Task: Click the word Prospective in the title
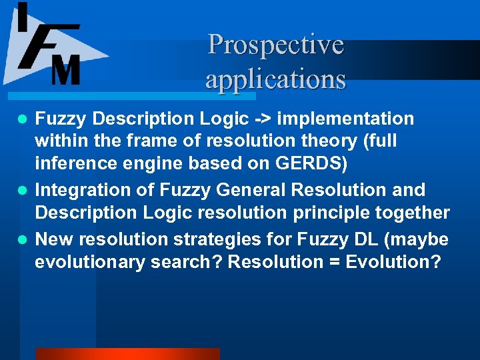(275, 45)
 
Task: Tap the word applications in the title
(275, 79)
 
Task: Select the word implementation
(345, 119)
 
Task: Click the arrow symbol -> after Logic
(262, 119)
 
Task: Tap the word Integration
(81, 190)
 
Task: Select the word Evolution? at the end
(393, 261)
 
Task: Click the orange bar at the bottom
(127, 353)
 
